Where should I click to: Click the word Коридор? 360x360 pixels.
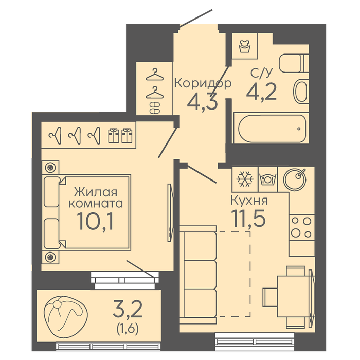tap(203, 83)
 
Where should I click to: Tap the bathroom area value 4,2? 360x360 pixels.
tap(261, 92)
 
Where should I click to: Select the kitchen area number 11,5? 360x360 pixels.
tap(248, 218)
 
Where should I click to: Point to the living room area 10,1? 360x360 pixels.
tap(95, 221)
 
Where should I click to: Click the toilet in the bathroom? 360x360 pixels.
tap(294, 63)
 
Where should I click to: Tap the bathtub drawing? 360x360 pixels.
tap(271, 128)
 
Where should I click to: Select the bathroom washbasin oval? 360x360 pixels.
tap(301, 92)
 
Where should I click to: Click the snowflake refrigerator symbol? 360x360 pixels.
tap(245, 179)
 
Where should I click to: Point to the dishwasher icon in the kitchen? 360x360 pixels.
tap(268, 179)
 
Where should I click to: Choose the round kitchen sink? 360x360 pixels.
tap(295, 179)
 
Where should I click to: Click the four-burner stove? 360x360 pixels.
tap(302, 227)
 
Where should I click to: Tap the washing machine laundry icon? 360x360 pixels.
tap(244, 46)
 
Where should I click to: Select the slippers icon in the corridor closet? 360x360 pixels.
tap(155, 108)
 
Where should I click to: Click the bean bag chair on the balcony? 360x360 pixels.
tap(66, 317)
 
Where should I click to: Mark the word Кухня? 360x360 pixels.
tap(249, 201)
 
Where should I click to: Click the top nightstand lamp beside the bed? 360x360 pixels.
tap(50, 167)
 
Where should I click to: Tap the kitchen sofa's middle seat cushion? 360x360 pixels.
tap(200, 275)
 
